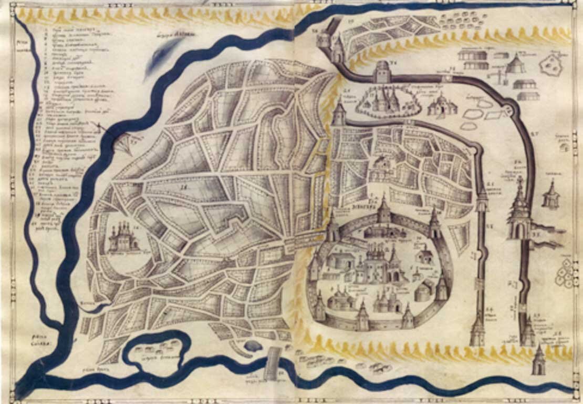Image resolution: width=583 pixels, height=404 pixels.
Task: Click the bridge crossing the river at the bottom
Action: click(272, 363)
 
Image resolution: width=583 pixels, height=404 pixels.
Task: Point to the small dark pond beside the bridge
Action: click(253, 346)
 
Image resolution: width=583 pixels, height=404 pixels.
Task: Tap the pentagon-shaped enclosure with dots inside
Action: click(550, 65)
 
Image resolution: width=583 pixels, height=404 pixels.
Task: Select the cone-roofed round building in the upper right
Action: click(516, 64)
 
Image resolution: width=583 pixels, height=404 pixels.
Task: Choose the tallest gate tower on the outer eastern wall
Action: click(519, 210)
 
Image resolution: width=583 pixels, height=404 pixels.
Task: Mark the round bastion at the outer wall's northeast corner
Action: click(508, 111)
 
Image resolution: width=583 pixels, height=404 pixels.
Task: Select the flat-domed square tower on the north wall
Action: click(382, 72)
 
